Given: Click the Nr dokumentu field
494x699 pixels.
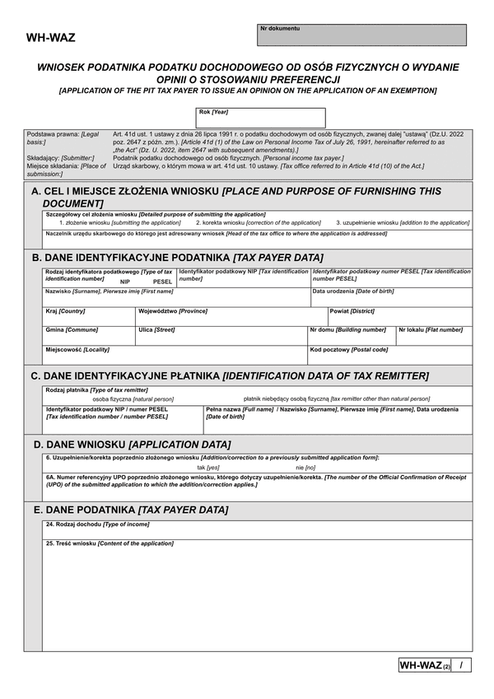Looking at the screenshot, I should [x=362, y=35].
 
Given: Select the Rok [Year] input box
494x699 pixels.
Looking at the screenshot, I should [x=261, y=118].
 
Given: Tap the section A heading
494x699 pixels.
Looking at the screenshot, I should [x=235, y=197].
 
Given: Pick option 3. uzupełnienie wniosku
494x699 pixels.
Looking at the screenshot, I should [x=403, y=222].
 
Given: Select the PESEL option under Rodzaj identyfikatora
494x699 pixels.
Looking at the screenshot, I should [x=163, y=282].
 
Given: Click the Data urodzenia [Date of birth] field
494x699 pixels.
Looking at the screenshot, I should [x=391, y=297].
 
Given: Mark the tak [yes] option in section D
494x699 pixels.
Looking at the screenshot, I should [x=207, y=467].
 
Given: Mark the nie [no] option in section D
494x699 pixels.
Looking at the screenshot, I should [x=305, y=467].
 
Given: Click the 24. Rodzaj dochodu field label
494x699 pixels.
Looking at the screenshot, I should [x=98, y=524].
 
